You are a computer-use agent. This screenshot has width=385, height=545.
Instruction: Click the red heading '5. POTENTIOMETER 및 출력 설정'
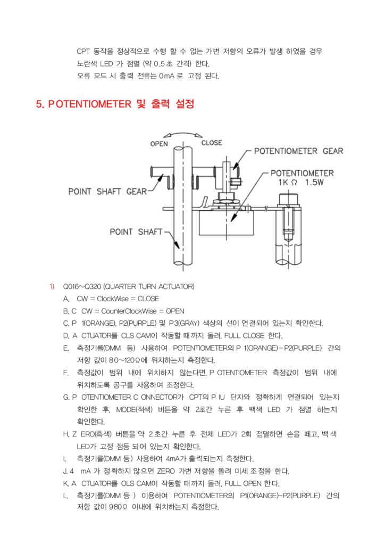[x=115, y=104]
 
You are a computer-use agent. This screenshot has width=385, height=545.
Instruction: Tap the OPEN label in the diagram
[x=159, y=144]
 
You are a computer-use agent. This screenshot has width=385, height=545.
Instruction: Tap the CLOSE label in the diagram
[x=212, y=143]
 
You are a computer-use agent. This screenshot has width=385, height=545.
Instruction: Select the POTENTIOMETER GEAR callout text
[x=298, y=151]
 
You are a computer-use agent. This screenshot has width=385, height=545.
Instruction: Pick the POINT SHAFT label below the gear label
[x=133, y=232]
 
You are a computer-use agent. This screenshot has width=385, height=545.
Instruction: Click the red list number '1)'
[x=52, y=286]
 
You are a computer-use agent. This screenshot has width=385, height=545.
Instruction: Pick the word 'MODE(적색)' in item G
[x=132, y=409]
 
